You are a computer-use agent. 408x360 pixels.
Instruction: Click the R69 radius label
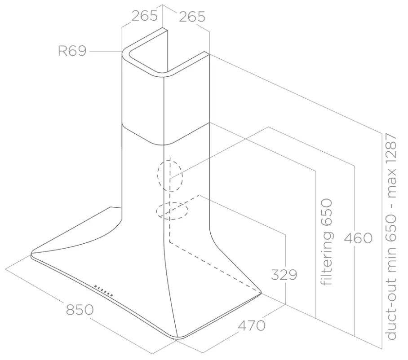(x=72, y=51)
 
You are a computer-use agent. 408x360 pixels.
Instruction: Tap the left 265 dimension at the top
(x=144, y=16)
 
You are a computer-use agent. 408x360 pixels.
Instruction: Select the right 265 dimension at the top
(x=192, y=17)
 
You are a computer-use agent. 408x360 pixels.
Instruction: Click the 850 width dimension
(x=80, y=310)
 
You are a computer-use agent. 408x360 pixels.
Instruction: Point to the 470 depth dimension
(x=252, y=326)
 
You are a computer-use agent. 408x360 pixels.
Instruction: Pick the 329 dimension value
(x=284, y=274)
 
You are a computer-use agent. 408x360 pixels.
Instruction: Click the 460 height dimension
(x=358, y=238)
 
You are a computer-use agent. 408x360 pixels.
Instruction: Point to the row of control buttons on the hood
(x=104, y=290)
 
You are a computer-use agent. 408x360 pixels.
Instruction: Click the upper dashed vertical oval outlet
(x=170, y=176)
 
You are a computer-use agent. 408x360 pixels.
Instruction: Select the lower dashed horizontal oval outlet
(x=172, y=211)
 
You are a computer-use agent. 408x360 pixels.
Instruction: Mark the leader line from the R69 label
(x=106, y=51)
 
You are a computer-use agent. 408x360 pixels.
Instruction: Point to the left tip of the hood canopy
(x=31, y=254)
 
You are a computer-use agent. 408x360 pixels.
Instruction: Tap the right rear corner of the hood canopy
(x=261, y=292)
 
